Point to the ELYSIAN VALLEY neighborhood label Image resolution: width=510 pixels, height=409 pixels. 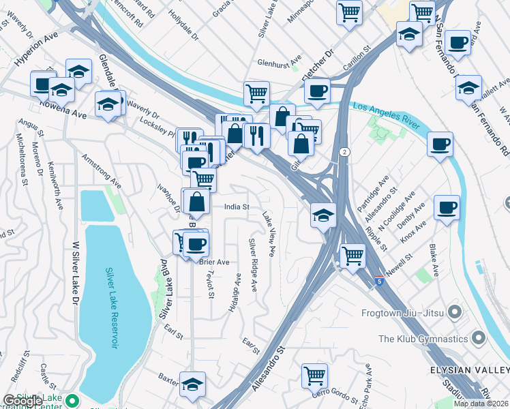coord(469,369)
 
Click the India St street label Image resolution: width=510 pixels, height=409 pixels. coord(238,206)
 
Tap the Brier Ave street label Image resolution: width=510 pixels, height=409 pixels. coord(214,262)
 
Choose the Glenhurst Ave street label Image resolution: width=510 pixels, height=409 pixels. coord(280,62)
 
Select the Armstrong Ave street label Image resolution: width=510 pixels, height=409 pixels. coord(102,171)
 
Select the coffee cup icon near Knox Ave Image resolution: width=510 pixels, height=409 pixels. coord(447,207)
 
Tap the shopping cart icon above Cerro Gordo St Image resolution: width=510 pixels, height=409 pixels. coord(314,374)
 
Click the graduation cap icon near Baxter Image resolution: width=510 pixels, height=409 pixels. coord(192,383)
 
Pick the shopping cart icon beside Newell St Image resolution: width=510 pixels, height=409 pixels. coord(352,256)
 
